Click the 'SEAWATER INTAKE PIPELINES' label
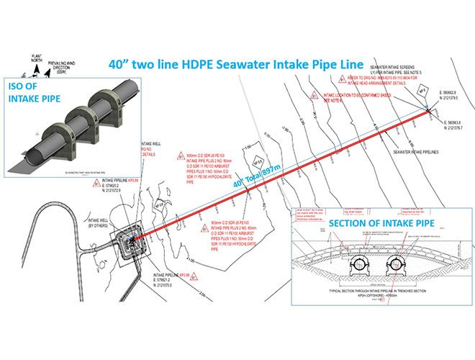[415, 152]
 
